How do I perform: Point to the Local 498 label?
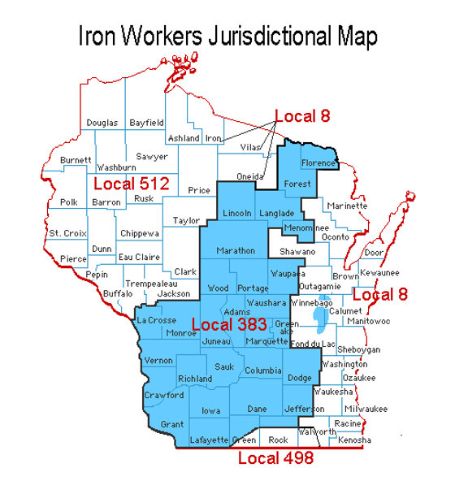(275, 458)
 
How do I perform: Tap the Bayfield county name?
(146, 123)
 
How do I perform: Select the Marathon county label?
(236, 250)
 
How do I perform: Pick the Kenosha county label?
(354, 440)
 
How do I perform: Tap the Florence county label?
(318, 163)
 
